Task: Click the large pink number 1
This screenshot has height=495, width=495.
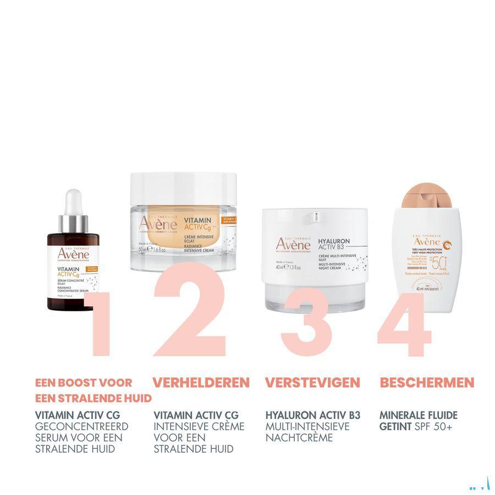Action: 101,324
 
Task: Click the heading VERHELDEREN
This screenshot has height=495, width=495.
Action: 201,382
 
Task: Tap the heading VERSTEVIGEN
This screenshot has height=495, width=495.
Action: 312,382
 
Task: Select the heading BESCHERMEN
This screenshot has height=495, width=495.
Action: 427,382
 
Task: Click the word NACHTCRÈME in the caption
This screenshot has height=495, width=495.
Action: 299,438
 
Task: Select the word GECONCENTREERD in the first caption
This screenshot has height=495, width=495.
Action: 81,426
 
